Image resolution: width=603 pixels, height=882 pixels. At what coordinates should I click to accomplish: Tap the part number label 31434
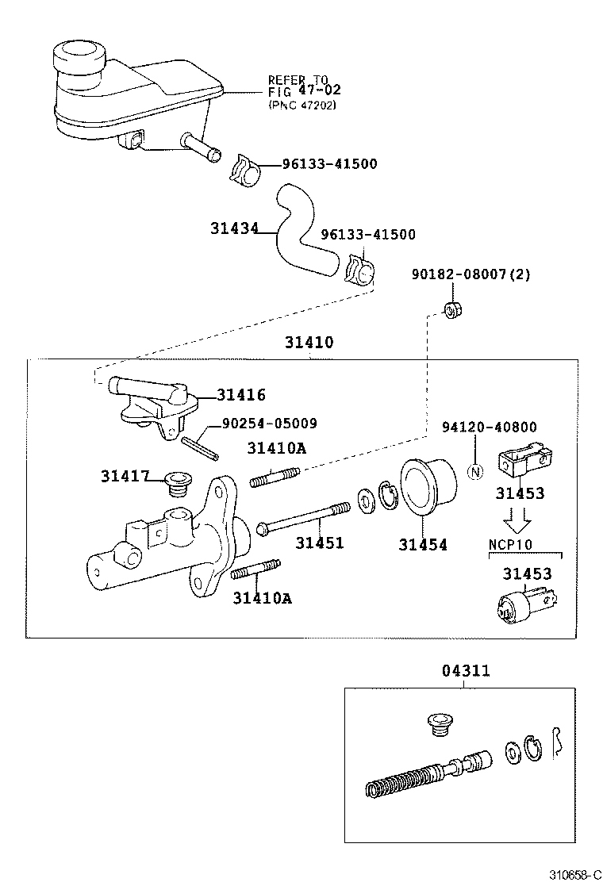click(x=235, y=228)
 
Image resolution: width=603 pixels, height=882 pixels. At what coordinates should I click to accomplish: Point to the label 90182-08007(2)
click(x=470, y=274)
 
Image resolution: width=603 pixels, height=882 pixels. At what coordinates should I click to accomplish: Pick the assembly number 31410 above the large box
click(x=309, y=343)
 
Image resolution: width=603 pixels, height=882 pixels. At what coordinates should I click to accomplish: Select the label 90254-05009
click(x=269, y=424)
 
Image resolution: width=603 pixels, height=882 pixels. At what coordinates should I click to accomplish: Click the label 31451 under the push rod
click(x=320, y=543)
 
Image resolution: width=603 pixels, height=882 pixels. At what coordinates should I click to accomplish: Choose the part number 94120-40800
click(x=489, y=428)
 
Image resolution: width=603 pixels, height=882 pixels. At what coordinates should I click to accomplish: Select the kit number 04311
click(x=466, y=671)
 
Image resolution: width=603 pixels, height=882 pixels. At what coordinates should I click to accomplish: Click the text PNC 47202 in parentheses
click(x=301, y=105)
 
